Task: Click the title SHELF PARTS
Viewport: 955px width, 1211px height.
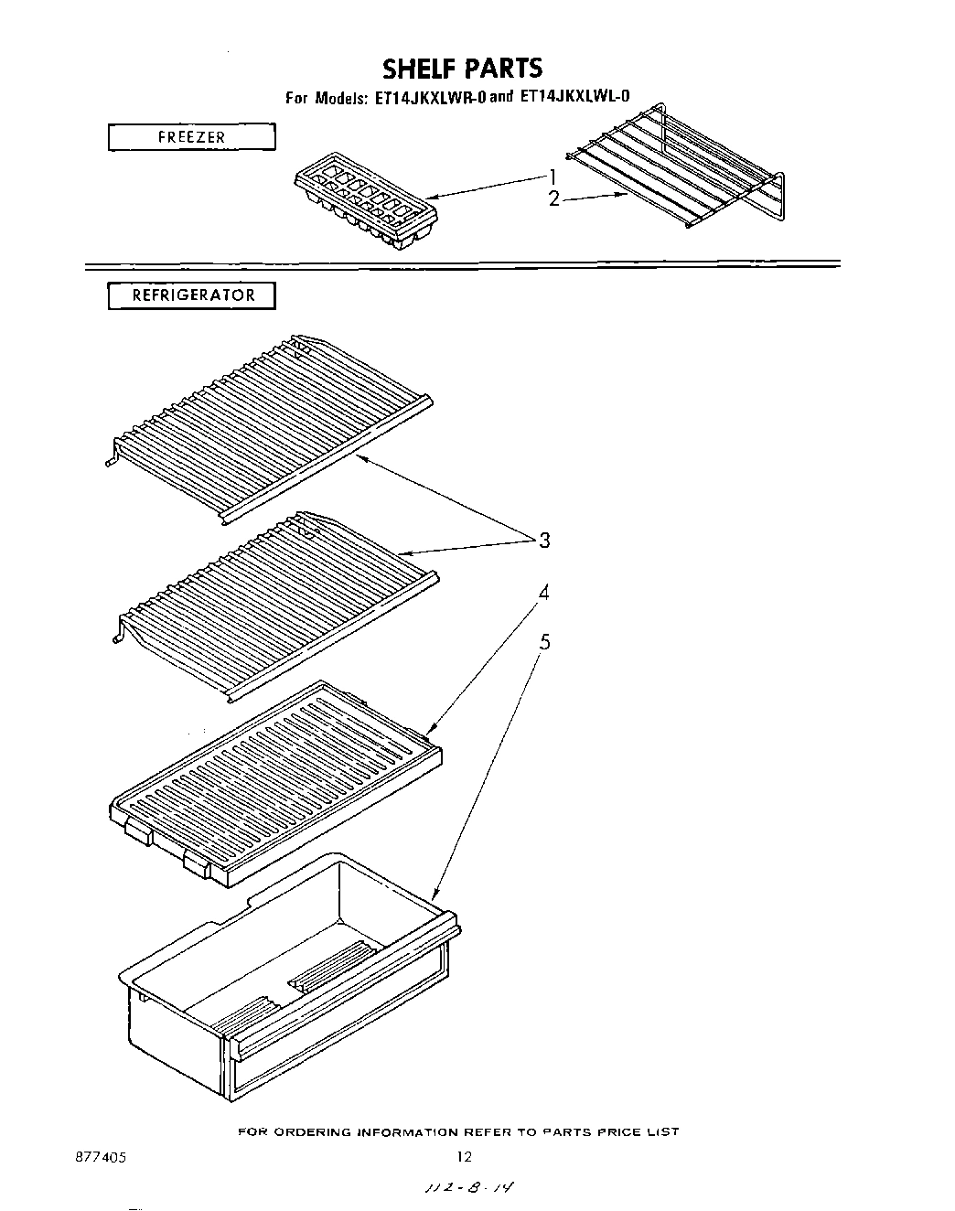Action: pyautogui.click(x=462, y=69)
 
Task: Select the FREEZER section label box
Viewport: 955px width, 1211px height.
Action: pyautogui.click(x=191, y=137)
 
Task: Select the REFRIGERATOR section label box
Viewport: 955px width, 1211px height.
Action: pyautogui.click(x=191, y=296)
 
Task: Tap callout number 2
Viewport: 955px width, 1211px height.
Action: pyautogui.click(x=553, y=198)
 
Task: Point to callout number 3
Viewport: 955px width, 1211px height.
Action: pyautogui.click(x=544, y=541)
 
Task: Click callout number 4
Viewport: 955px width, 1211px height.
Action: pyautogui.click(x=544, y=593)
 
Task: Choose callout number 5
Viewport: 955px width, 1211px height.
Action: pyautogui.click(x=544, y=642)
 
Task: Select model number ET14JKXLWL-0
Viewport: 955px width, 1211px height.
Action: pyautogui.click(x=574, y=96)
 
